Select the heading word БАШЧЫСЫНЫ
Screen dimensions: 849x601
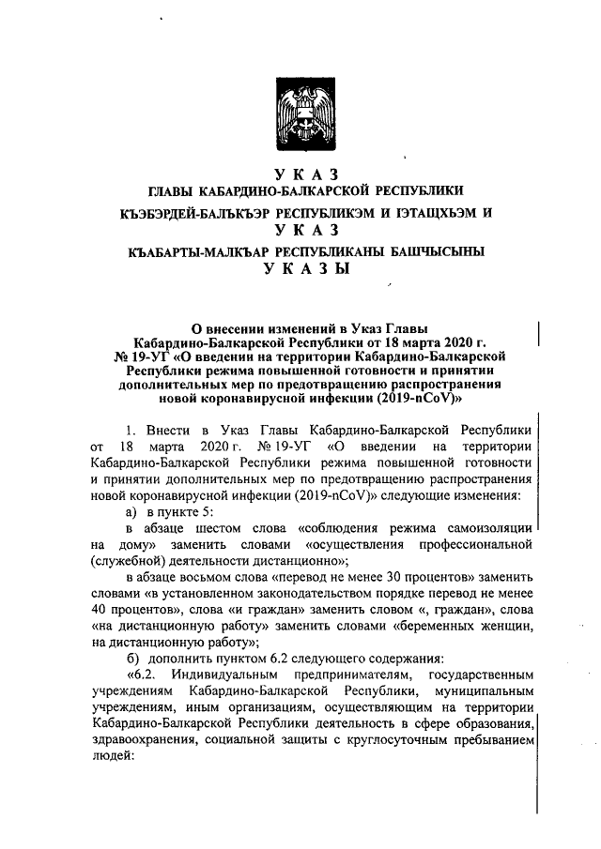424,252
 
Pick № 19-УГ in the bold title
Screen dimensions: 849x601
146,356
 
